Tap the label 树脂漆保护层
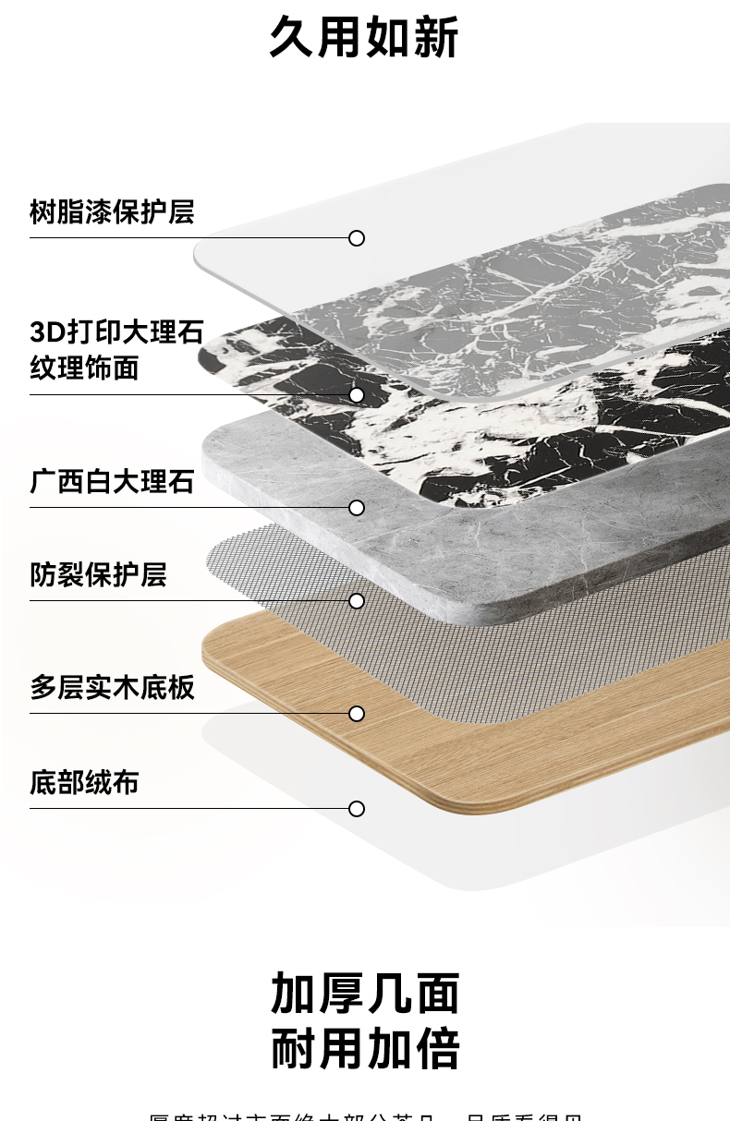click(x=112, y=211)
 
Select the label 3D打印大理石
click(x=116, y=331)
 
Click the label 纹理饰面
click(x=84, y=368)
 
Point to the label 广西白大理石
click(x=112, y=481)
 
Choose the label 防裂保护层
click(x=98, y=574)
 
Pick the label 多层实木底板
click(x=112, y=687)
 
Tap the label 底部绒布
click(x=84, y=782)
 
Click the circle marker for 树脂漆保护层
click(x=357, y=238)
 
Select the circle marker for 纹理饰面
click(x=357, y=395)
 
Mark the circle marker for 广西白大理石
click(x=357, y=508)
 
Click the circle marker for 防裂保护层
click(x=357, y=601)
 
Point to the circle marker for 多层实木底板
click(x=357, y=714)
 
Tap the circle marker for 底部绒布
click(x=357, y=809)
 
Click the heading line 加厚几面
click(x=365, y=994)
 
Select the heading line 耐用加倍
click(x=365, y=1049)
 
